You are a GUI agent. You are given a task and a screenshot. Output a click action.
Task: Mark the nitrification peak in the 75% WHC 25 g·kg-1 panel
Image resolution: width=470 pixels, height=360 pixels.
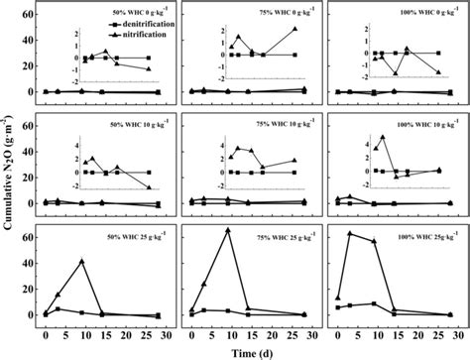click(228, 230)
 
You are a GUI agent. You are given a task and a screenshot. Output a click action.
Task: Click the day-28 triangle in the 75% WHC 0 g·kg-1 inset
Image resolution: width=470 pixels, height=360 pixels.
click(294, 29)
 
